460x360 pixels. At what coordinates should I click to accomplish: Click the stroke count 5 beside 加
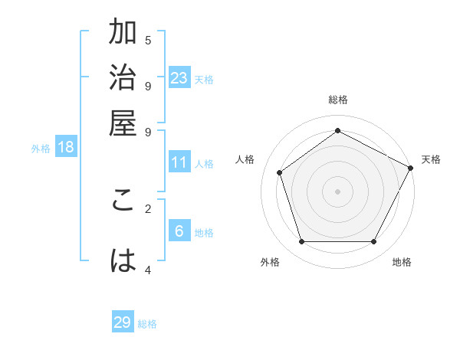(148, 40)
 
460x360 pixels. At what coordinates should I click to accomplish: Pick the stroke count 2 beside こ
(148, 208)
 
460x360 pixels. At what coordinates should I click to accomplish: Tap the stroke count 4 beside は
(148, 270)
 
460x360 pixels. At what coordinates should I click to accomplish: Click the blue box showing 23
(179, 77)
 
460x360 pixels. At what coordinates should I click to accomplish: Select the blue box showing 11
(179, 162)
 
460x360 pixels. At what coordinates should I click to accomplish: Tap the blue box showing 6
(179, 231)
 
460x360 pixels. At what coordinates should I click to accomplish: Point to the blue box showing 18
(66, 147)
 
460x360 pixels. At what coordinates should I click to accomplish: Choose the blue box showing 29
(123, 322)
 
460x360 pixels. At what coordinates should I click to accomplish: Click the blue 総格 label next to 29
(147, 324)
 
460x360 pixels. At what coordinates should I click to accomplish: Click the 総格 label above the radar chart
(337, 100)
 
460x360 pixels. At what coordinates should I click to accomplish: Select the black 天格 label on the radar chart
(431, 159)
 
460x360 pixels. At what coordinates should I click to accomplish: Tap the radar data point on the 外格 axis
(301, 242)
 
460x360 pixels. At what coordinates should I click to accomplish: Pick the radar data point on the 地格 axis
(374, 242)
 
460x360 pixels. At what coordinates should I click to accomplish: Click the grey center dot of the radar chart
(337, 191)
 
